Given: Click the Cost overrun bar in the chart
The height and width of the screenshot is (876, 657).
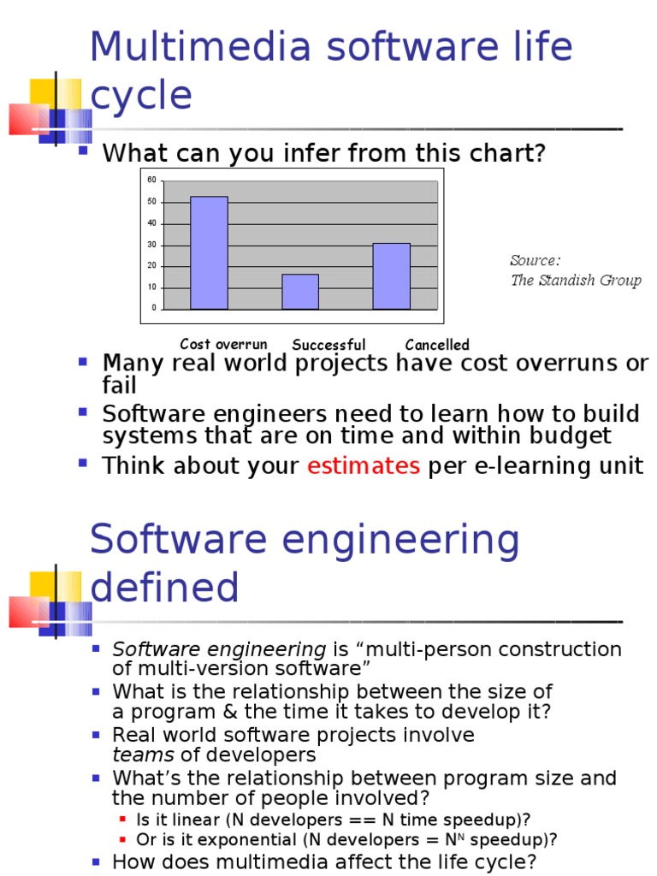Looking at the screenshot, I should (x=209, y=252).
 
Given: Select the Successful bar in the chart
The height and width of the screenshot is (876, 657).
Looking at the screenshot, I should (x=300, y=291).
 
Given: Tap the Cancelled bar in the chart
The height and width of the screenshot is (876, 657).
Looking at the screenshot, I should (x=391, y=275).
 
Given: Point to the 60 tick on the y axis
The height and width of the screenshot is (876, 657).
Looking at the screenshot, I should (x=151, y=180).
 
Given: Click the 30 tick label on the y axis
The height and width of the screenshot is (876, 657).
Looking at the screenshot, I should (x=151, y=245).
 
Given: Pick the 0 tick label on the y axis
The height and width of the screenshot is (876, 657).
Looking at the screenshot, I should (x=154, y=308).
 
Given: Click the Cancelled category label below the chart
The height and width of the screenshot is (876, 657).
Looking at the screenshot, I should (x=437, y=345).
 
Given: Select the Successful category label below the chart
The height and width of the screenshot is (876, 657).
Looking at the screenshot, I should (x=328, y=345).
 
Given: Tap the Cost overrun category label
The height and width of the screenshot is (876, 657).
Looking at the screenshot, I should (x=223, y=344).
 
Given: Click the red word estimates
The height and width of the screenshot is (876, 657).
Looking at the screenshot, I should (x=364, y=466).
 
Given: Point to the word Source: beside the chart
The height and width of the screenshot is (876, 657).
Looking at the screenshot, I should (x=536, y=260).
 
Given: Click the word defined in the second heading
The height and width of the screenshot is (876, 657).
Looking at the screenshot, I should (x=164, y=588).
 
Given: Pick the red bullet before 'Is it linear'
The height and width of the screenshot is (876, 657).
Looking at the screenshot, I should (x=123, y=819).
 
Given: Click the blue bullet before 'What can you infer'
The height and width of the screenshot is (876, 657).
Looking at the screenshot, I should (x=83, y=151).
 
